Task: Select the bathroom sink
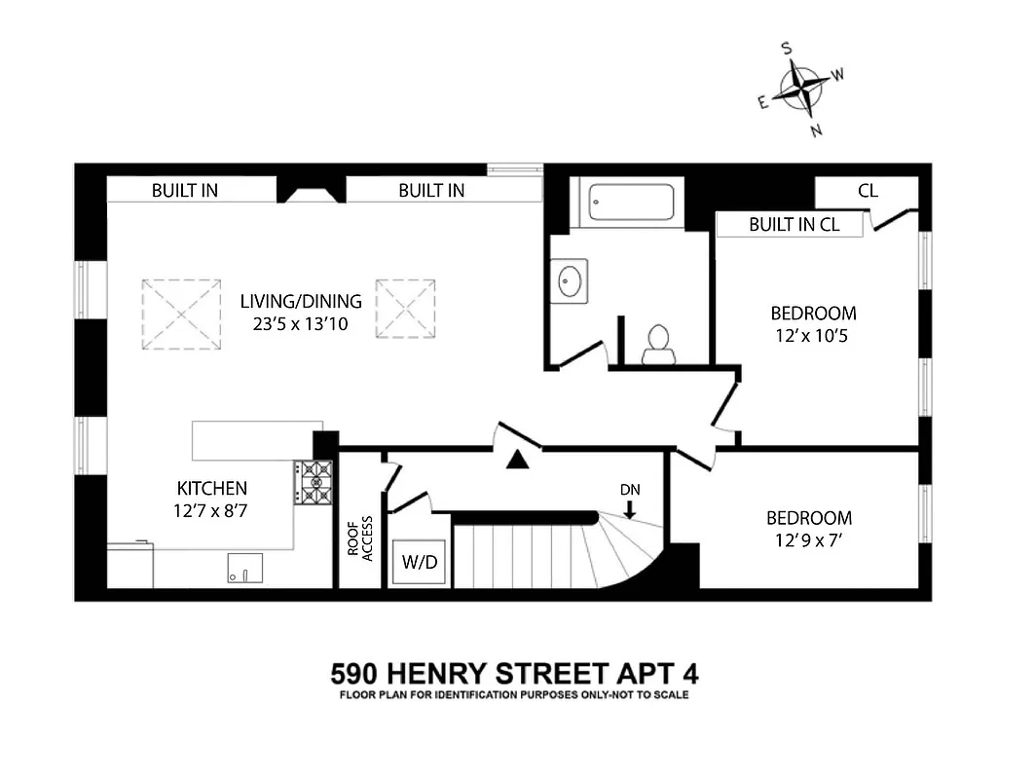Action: (x=570, y=281)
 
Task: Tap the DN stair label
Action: (x=631, y=489)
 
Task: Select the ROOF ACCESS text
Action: (x=361, y=538)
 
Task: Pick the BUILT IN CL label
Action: (x=794, y=225)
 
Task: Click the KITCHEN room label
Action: (x=211, y=489)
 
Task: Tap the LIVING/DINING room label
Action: (x=301, y=301)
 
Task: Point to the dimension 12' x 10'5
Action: (x=814, y=333)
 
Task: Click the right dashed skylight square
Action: (x=403, y=308)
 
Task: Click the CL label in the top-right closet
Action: (x=868, y=191)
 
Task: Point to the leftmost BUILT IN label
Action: (x=185, y=191)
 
